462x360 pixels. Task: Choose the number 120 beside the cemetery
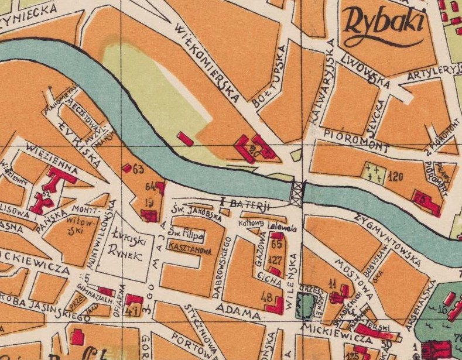pyautogui.click(x=396, y=175)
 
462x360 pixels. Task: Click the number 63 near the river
pyautogui.click(x=138, y=170)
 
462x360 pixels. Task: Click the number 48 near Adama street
pyautogui.click(x=269, y=299)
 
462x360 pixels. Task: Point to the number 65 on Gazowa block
pyautogui.click(x=277, y=245)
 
